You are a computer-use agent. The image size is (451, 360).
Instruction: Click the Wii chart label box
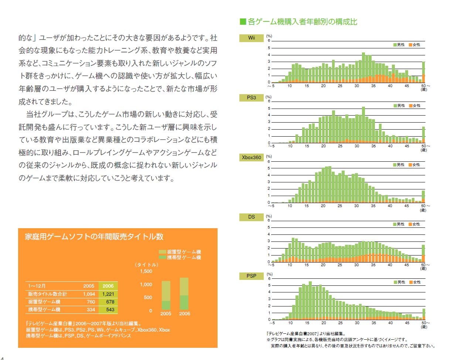click(251, 38)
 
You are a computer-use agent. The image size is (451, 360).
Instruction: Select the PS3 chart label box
click(251, 98)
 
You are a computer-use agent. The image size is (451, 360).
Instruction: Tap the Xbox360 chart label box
click(251, 157)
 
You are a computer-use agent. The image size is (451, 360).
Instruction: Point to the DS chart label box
click(251, 217)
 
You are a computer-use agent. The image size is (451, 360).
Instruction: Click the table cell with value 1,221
click(108, 294)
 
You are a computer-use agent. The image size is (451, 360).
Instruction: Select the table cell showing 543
click(108, 309)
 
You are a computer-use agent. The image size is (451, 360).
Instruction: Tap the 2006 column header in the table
click(108, 286)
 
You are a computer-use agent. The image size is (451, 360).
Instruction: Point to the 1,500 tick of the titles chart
click(146, 271)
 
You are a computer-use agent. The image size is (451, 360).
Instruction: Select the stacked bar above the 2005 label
click(166, 295)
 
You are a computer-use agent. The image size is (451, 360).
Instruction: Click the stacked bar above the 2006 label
click(184, 294)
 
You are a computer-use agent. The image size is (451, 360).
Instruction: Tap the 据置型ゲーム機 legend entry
click(180, 251)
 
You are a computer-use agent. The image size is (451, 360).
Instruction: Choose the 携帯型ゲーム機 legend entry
click(180, 257)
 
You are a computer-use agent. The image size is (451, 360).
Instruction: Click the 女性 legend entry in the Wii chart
click(414, 45)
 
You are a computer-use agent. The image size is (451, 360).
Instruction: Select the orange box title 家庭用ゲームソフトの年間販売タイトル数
click(94, 237)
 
